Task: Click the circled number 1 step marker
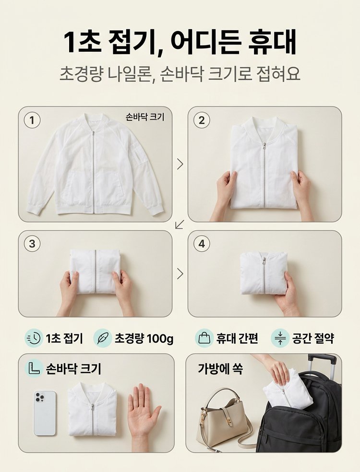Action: point(32,120)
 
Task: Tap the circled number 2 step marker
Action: point(202,120)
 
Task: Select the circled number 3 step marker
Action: point(32,244)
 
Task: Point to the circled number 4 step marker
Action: point(202,244)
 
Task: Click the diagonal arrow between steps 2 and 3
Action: point(180,224)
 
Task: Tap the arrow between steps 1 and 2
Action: point(180,164)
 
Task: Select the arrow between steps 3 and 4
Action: point(180,273)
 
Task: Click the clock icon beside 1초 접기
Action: point(34,338)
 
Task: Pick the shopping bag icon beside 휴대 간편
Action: point(204,338)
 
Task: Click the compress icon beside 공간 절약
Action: point(280,338)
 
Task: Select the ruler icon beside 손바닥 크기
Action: point(34,368)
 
